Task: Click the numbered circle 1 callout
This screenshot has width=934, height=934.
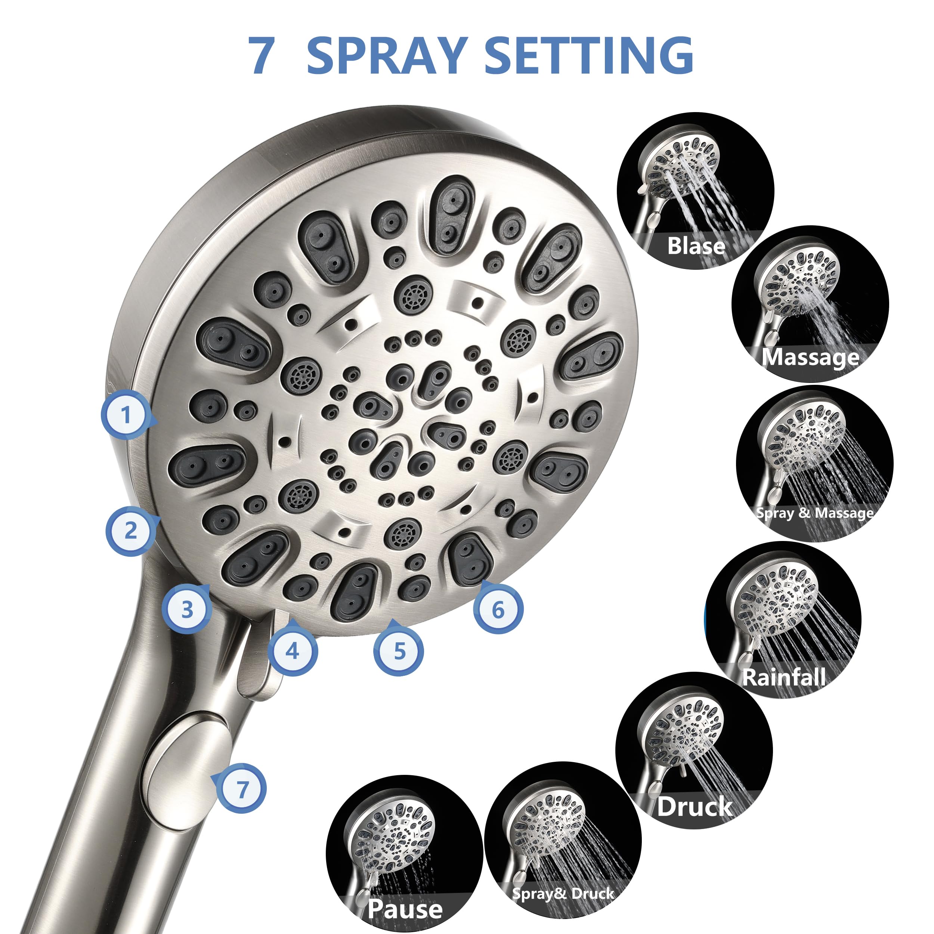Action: [126, 414]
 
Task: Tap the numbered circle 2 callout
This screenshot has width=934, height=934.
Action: [130, 531]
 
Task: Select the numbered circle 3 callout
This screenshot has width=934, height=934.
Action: [186, 609]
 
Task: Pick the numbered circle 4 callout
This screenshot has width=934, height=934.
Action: [292, 651]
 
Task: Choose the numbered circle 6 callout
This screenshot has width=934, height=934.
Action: [498, 609]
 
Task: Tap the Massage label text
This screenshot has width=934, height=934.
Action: [810, 357]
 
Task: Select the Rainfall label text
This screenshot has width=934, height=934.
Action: [783, 677]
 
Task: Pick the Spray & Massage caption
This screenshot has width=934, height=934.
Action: [814, 513]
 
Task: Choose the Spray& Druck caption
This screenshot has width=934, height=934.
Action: [563, 880]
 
